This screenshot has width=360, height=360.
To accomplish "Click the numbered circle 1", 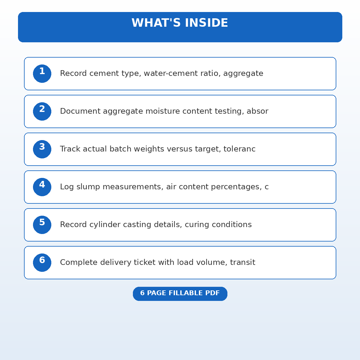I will [42, 73].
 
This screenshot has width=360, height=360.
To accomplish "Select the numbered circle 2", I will [42, 111].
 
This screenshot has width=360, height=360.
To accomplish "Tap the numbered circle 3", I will [42, 149].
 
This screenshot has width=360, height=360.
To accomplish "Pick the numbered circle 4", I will [42, 187].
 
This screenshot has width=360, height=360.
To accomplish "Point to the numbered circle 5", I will [42, 225].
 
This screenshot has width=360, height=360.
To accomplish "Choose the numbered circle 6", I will [42, 262].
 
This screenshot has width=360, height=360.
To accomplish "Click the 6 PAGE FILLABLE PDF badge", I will [180, 293].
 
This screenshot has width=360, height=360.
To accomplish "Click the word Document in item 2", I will [80, 111].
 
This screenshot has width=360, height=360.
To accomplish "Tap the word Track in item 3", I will [70, 149].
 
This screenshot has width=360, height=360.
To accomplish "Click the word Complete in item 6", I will [79, 262].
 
